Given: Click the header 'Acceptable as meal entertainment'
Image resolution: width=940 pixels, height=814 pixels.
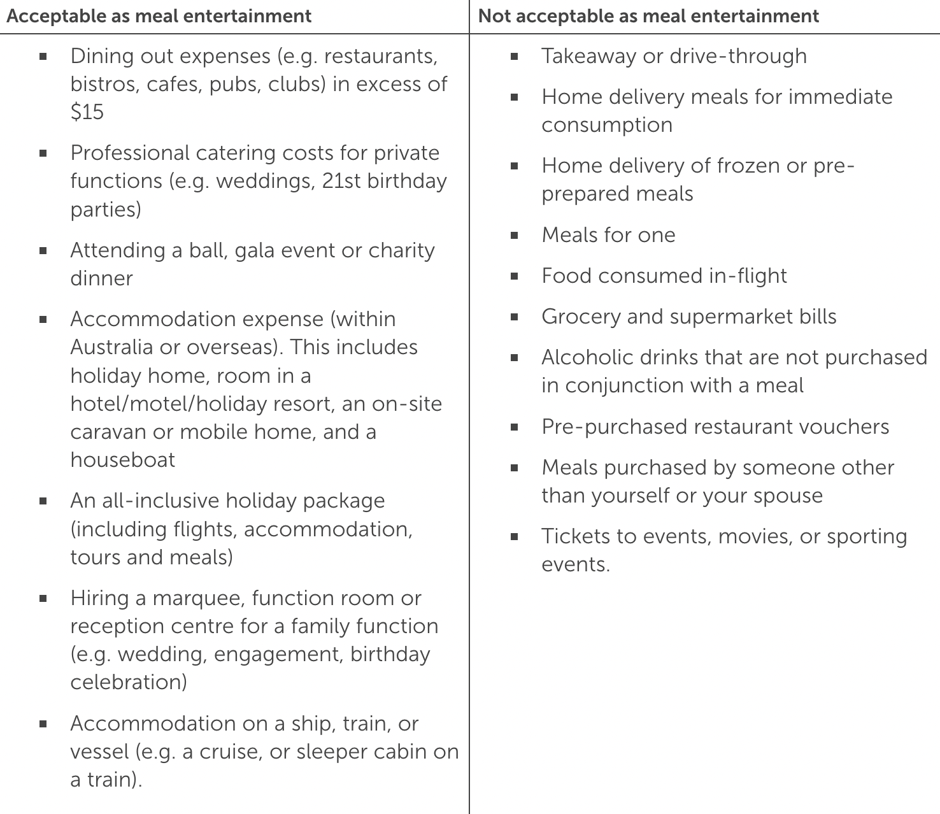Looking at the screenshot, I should point(159,16).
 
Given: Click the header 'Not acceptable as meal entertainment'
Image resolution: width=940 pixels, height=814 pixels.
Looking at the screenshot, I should point(648,16).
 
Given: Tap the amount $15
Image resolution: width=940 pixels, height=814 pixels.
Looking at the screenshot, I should point(87,112).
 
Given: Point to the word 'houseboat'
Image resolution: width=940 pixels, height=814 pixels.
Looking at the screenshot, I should point(122,460).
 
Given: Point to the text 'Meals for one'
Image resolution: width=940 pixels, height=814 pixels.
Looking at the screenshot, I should point(608,235).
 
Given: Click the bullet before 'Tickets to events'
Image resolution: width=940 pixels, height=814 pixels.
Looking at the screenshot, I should point(515,537).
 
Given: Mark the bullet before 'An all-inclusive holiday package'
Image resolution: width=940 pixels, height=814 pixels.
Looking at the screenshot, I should point(43,501).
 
